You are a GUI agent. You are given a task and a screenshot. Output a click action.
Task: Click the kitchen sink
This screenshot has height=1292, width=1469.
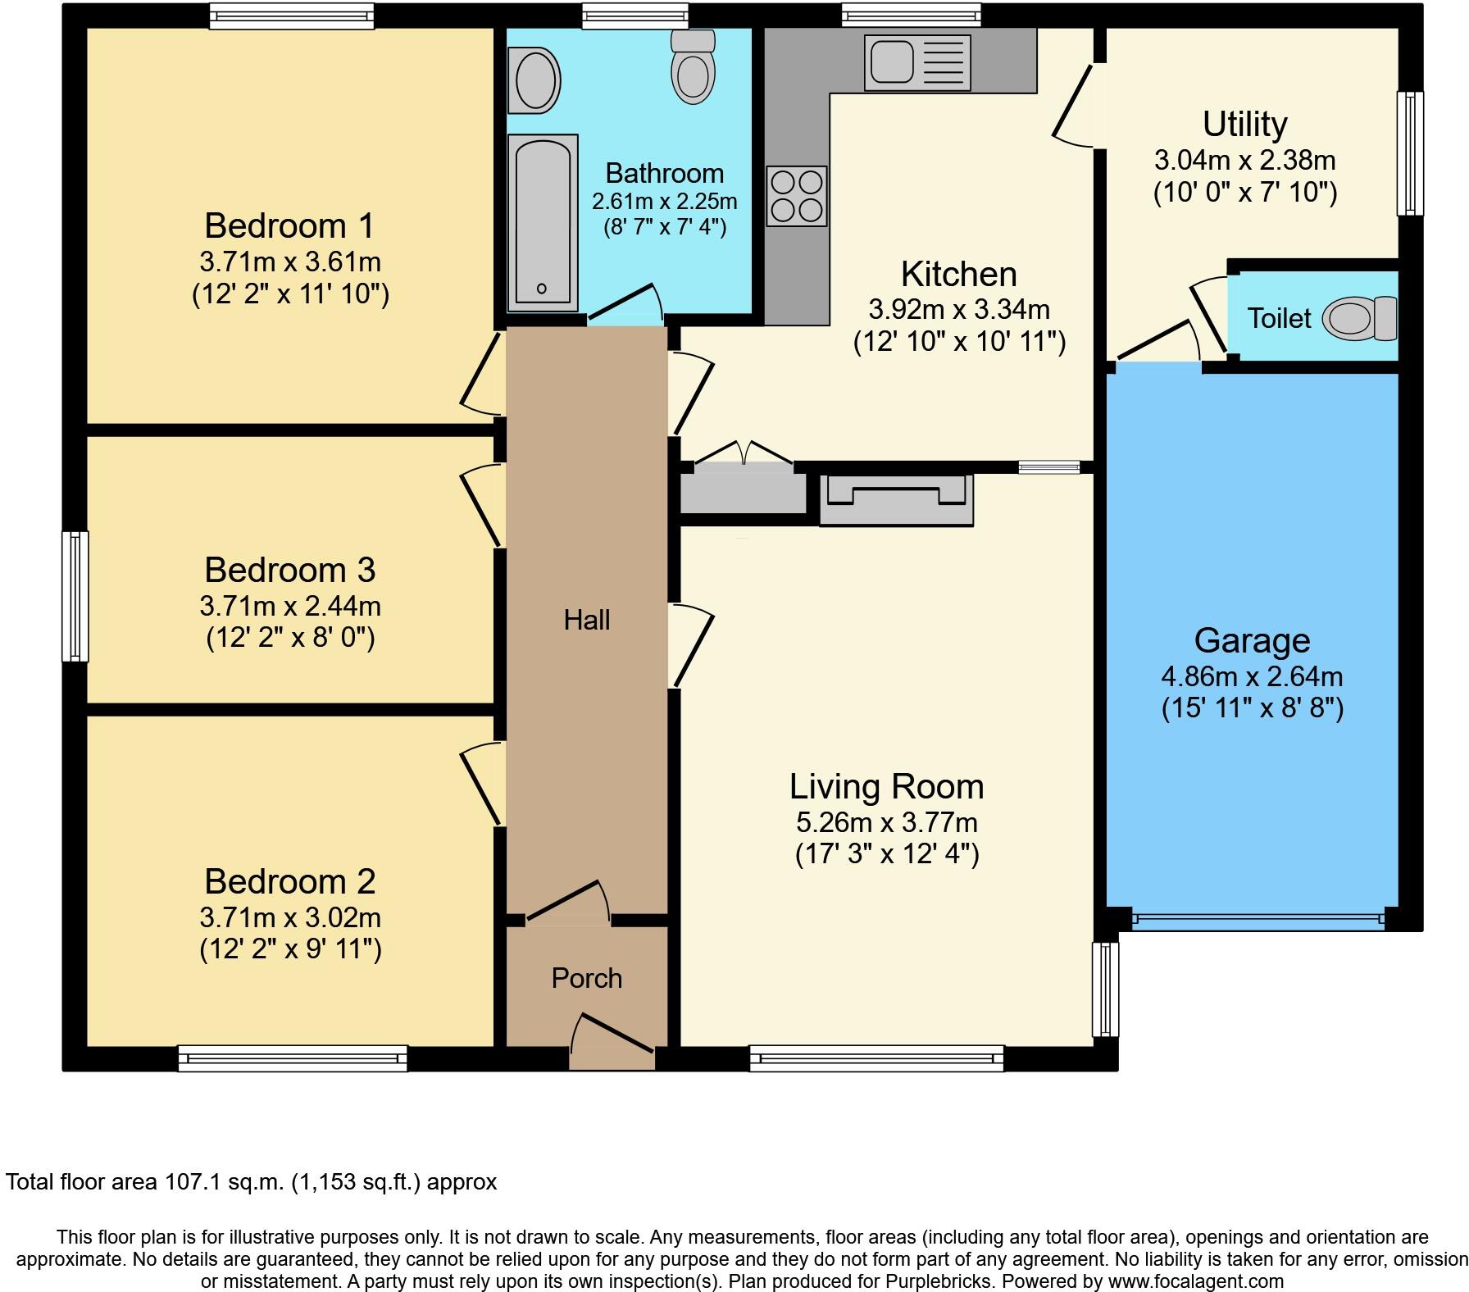[x=916, y=62]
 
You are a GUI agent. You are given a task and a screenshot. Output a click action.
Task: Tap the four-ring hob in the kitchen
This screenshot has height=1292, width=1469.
[x=797, y=196]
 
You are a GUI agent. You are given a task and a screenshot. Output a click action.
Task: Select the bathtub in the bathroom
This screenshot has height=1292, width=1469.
[x=542, y=223]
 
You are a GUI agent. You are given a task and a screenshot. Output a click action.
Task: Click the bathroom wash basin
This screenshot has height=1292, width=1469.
[x=534, y=80]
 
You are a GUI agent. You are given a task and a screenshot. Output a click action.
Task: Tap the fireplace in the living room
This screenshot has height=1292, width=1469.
[x=896, y=499]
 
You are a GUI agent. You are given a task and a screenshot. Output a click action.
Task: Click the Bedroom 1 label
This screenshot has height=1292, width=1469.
[x=289, y=225]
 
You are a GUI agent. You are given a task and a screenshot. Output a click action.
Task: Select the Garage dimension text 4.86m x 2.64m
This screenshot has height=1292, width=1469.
[x=1252, y=676]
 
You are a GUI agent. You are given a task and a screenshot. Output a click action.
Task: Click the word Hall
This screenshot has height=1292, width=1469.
[x=587, y=620]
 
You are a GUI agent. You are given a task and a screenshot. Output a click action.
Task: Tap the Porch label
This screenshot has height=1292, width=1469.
[x=587, y=978]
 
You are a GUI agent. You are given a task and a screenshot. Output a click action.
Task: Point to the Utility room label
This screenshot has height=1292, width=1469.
[x=1244, y=125]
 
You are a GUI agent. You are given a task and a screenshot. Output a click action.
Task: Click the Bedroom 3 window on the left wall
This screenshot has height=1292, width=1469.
[x=76, y=596]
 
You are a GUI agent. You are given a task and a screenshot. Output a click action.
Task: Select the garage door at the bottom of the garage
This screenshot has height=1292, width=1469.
[x=1258, y=920]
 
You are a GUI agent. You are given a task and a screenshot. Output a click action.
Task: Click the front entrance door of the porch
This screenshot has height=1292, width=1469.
[x=612, y=1042]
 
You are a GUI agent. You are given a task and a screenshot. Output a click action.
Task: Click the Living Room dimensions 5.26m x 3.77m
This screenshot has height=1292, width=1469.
[x=886, y=822]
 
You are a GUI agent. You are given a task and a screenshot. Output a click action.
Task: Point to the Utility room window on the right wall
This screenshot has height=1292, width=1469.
[x=1410, y=153]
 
